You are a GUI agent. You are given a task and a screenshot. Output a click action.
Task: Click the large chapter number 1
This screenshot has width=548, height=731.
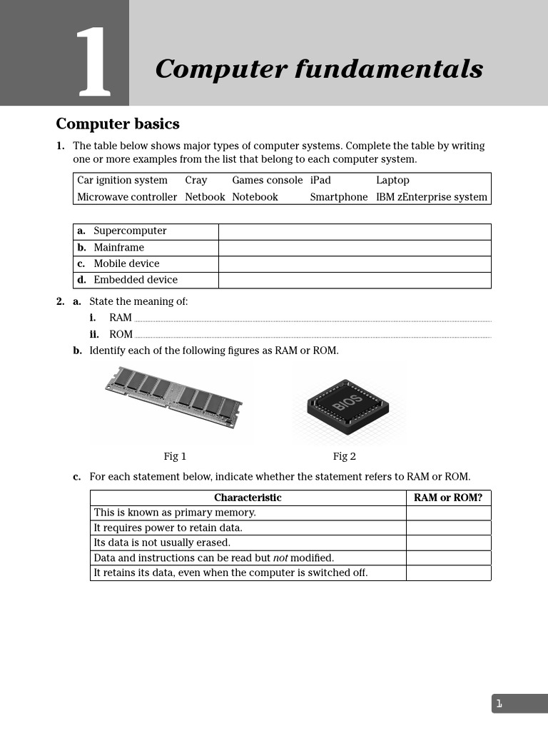pyautogui.click(x=94, y=62)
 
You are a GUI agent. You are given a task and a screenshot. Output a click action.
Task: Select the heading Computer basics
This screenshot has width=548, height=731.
pyautogui.click(x=118, y=124)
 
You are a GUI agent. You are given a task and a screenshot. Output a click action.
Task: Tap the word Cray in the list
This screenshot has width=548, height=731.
pyautogui.click(x=196, y=181)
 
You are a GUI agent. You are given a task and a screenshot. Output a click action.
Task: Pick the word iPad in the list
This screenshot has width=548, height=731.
pyautogui.click(x=320, y=181)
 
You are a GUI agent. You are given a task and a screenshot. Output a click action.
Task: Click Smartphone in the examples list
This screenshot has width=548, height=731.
pyautogui.click(x=338, y=197)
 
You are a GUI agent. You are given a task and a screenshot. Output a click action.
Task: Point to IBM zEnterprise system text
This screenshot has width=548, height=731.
pyautogui.click(x=431, y=197)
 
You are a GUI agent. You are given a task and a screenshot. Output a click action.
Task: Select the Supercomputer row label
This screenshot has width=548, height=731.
pyautogui.click(x=129, y=231)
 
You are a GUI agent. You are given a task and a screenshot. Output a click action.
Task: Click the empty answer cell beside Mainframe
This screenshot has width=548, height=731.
pyautogui.click(x=354, y=248)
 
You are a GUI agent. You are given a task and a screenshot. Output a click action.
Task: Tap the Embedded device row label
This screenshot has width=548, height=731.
pyautogui.click(x=135, y=280)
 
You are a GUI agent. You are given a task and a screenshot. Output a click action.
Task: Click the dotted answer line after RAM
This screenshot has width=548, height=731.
pyautogui.click(x=313, y=320)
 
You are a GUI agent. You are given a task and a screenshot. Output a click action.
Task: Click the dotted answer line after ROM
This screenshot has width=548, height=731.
pyautogui.click(x=313, y=336)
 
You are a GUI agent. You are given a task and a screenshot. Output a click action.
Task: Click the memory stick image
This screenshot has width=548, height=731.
pyautogui.click(x=173, y=397)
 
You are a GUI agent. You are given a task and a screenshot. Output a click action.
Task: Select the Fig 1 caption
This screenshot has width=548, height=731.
pyautogui.click(x=175, y=456)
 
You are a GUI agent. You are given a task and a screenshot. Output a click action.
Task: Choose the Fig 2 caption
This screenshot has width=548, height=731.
pyautogui.click(x=344, y=456)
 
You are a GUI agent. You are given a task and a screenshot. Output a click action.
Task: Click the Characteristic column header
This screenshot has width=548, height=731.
pyautogui.click(x=248, y=498)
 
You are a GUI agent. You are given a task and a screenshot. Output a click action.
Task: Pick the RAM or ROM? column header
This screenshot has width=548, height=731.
pyautogui.click(x=448, y=498)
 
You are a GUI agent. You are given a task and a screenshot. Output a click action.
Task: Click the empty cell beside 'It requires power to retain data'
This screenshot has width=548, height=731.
pyautogui.click(x=448, y=528)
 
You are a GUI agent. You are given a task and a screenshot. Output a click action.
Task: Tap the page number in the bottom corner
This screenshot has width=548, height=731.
pyautogui.click(x=499, y=704)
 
